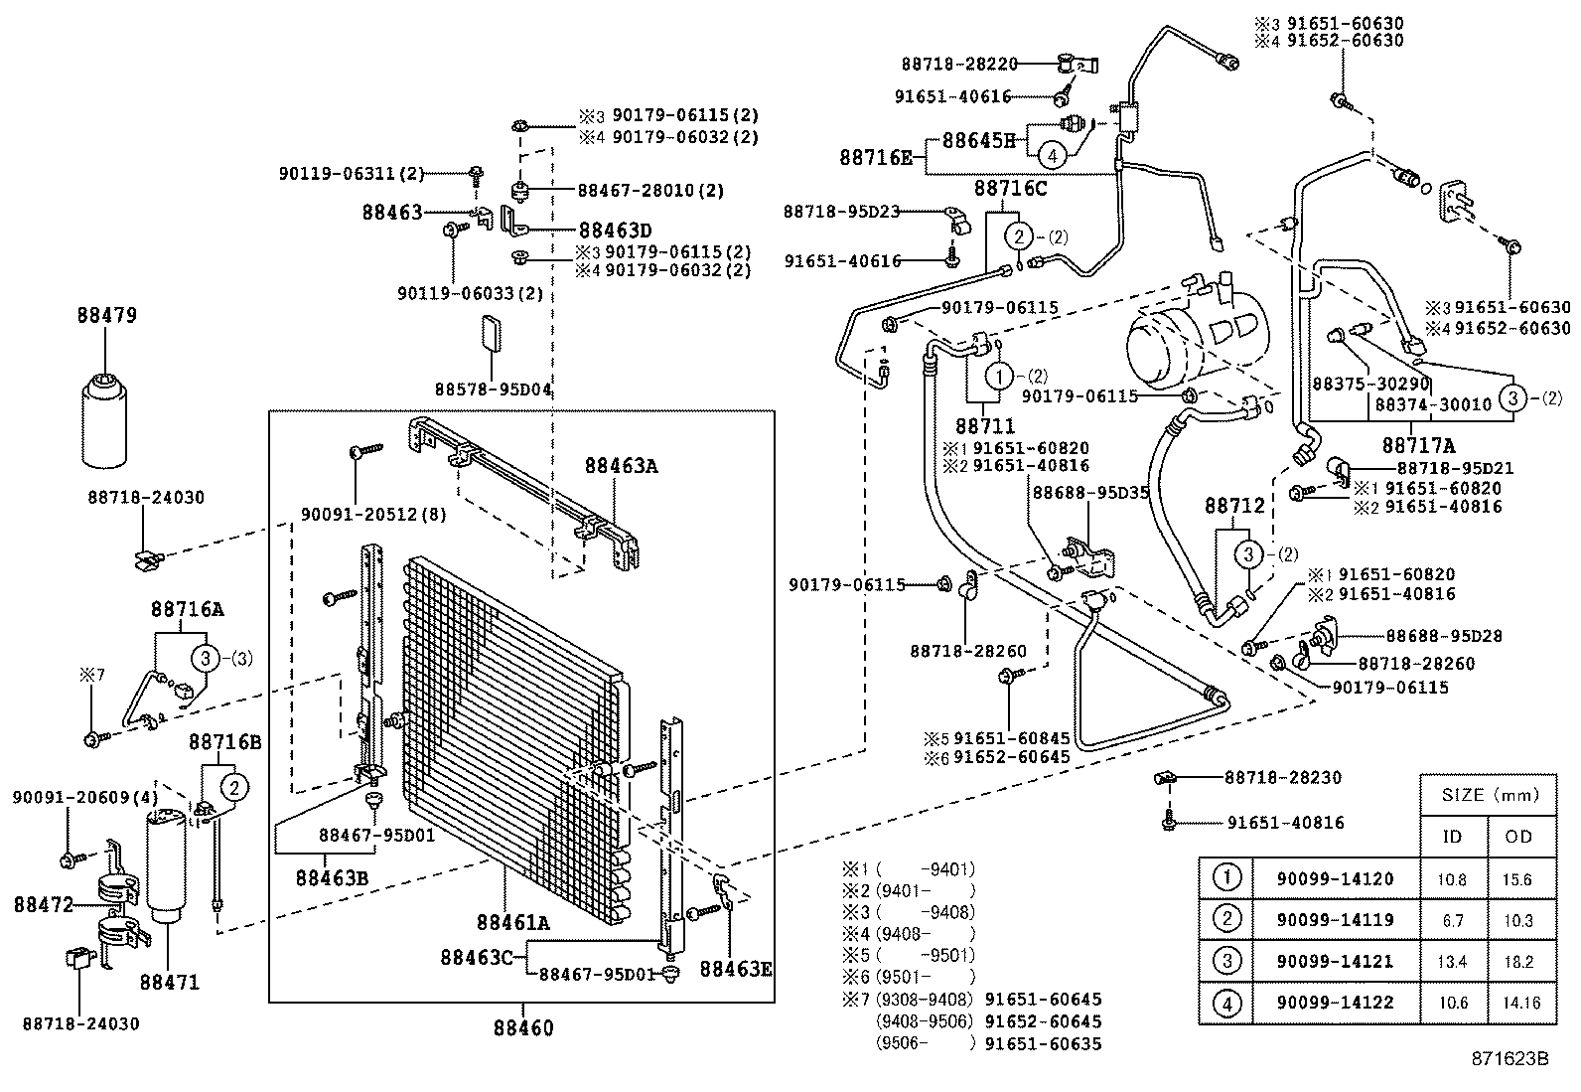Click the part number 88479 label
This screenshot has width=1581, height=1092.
tap(106, 316)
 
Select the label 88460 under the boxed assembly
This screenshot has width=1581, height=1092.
tap(522, 1028)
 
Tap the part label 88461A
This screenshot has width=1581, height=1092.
tap(512, 922)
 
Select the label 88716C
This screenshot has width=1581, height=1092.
tap(1010, 188)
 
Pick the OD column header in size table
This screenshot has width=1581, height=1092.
tap(1518, 836)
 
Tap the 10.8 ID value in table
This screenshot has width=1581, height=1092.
tap(1452, 879)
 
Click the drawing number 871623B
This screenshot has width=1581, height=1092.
tap(1509, 1059)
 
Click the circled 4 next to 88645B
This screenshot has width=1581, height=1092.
tap(1053, 155)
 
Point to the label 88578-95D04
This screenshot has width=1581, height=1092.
tap(493, 389)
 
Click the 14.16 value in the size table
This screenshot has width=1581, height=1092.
tap(1518, 1003)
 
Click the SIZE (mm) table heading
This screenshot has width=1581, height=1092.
tap(1487, 795)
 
